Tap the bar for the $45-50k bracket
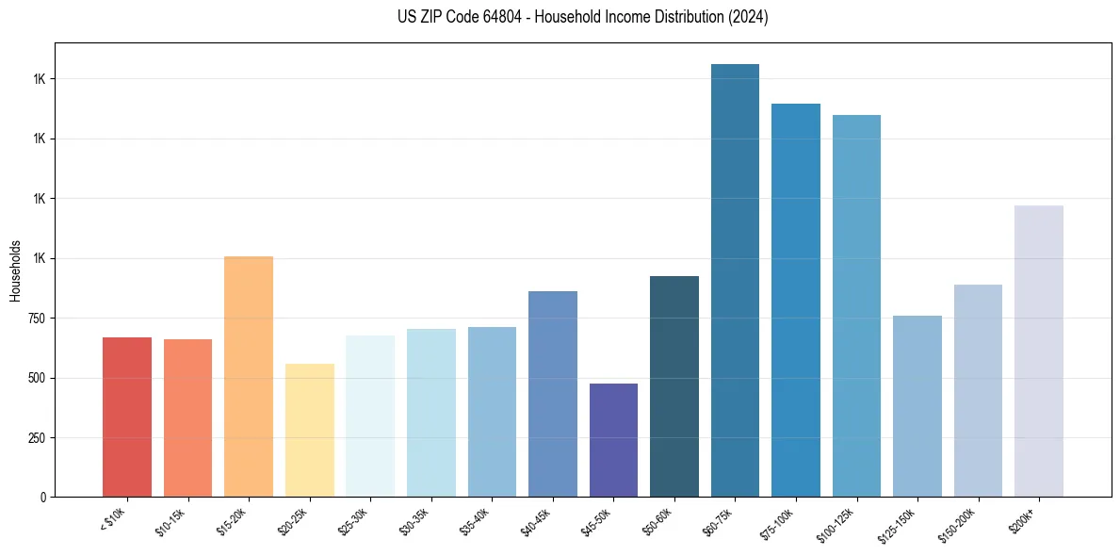(613, 440)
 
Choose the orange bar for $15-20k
(249, 376)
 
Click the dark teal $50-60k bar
(674, 386)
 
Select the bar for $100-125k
(856, 306)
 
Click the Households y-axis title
(15, 270)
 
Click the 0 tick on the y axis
(44, 498)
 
